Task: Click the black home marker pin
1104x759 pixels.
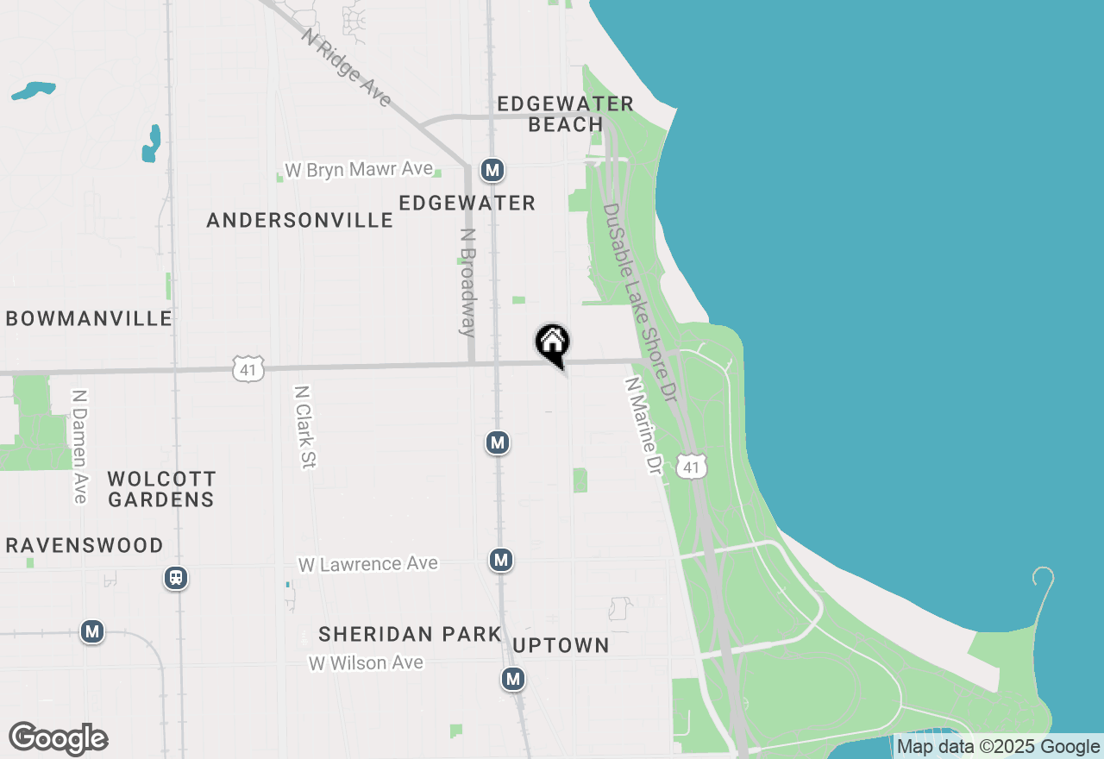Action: [552, 343]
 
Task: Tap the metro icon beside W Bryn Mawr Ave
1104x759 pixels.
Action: [492, 170]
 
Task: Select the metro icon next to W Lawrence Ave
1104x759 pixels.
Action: [500, 560]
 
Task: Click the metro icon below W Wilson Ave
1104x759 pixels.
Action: [513, 679]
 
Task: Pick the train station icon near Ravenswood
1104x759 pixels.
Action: [176, 578]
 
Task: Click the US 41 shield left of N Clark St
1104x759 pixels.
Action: [248, 369]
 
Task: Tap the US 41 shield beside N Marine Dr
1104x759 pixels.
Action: [692, 466]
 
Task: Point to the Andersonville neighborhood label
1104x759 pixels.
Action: [300, 221]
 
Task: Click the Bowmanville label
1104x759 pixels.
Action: [89, 319]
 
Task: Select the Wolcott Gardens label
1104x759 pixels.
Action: [161, 489]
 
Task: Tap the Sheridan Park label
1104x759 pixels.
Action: [410, 635]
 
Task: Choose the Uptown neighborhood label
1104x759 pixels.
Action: [561, 646]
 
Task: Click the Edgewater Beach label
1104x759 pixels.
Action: [566, 114]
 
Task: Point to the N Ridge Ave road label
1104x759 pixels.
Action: [346, 67]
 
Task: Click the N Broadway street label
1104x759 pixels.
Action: [467, 282]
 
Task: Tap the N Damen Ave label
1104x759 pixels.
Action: [80, 446]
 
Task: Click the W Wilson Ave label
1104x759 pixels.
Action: [367, 663]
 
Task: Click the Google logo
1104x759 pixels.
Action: [58, 739]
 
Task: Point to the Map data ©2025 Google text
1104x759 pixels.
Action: [999, 747]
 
